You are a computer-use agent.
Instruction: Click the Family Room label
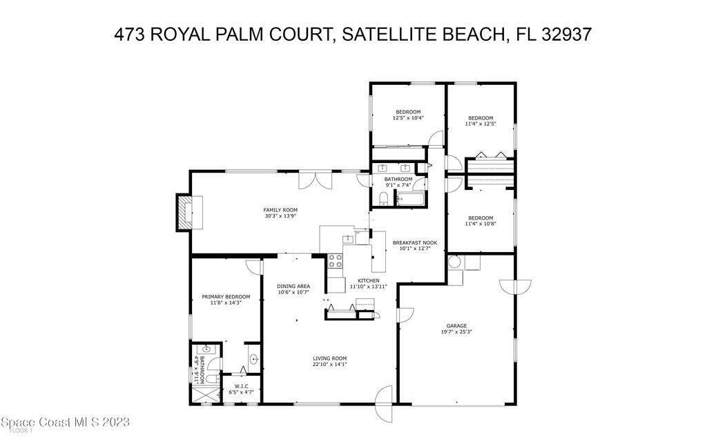click(x=280, y=210)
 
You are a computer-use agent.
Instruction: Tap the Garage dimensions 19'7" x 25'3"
click(x=457, y=332)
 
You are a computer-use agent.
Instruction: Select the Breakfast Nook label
click(x=415, y=242)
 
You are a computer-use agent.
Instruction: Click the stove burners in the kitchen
click(x=335, y=260)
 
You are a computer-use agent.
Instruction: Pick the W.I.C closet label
click(x=241, y=386)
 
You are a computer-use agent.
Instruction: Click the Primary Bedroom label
click(x=226, y=297)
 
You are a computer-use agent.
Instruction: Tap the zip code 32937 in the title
click(x=566, y=35)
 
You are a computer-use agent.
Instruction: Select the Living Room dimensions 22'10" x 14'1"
click(x=330, y=365)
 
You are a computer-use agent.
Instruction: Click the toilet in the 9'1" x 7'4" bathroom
click(x=384, y=198)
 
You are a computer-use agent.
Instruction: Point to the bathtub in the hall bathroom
click(x=410, y=199)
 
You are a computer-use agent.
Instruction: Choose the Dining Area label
click(x=293, y=286)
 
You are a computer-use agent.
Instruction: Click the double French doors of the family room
click(x=315, y=180)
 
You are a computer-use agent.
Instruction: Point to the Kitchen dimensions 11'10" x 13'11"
click(x=369, y=287)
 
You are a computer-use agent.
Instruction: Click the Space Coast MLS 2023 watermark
click(x=66, y=422)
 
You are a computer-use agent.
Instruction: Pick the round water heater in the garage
click(x=454, y=262)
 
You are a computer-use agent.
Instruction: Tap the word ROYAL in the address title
click(x=180, y=35)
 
